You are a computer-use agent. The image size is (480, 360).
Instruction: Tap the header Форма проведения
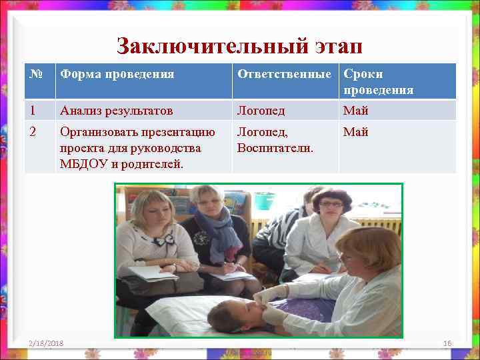click(x=117, y=74)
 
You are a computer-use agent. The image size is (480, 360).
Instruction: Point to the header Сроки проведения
click(x=378, y=81)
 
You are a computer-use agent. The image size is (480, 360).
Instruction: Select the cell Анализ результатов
click(x=116, y=110)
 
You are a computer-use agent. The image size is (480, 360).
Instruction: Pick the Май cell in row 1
click(x=356, y=110)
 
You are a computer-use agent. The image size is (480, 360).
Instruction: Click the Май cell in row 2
click(x=356, y=132)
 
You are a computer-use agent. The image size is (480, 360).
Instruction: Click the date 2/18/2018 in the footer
click(x=46, y=343)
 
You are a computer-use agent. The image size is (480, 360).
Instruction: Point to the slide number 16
click(x=447, y=343)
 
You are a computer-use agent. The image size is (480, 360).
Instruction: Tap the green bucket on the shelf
click(x=265, y=199)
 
